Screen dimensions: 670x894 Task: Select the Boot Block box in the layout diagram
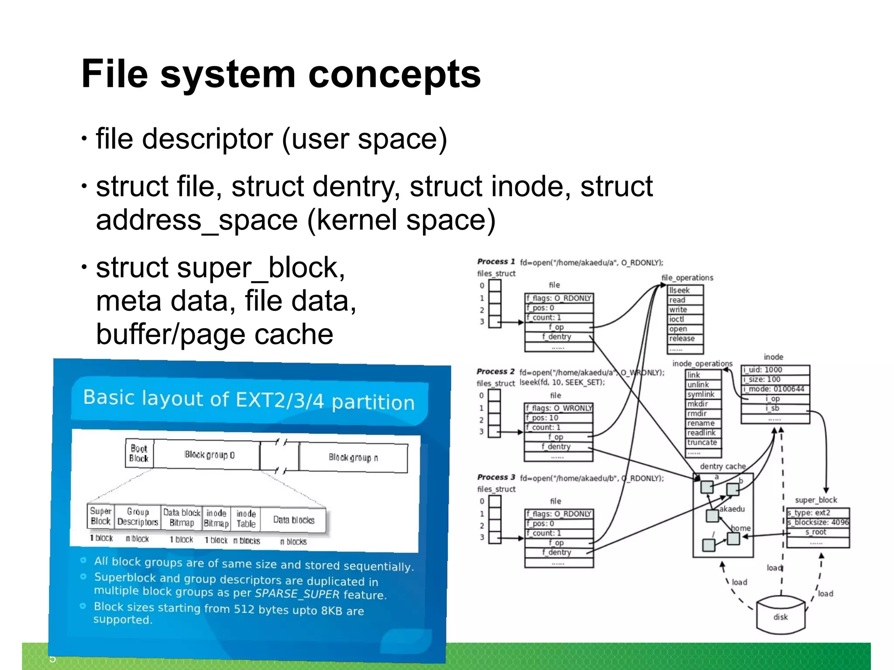(x=139, y=454)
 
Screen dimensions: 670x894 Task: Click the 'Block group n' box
(x=353, y=457)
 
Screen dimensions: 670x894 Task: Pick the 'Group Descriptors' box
(x=138, y=517)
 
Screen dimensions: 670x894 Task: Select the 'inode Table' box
(x=246, y=519)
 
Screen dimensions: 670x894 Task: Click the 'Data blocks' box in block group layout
(x=294, y=520)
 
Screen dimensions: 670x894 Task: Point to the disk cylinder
(x=781, y=616)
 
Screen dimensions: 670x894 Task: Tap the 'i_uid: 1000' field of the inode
(x=775, y=370)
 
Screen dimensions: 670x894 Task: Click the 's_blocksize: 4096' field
(x=818, y=522)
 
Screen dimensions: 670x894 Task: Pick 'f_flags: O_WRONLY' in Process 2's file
(x=558, y=408)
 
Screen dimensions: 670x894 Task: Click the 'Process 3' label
(x=496, y=477)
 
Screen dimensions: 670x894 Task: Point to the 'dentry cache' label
(x=722, y=466)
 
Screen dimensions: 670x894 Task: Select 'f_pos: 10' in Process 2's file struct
(x=558, y=418)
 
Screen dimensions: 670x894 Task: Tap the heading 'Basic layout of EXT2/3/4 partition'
(x=248, y=400)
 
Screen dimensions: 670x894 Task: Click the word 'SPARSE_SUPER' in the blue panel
(x=297, y=594)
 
